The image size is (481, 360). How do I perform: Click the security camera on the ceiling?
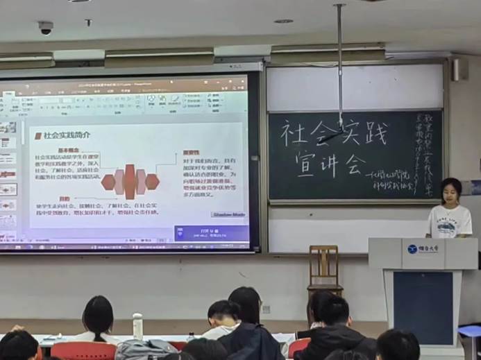coord(46,28)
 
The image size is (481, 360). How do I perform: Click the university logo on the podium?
coord(413,248)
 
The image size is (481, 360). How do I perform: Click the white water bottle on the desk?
coord(137,326)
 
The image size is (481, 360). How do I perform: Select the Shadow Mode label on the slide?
coord(228,214)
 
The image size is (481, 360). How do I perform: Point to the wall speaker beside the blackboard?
coord(456,69)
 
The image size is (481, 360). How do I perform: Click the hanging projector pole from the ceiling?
coord(340,62)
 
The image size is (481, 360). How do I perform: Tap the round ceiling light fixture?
coord(282,21)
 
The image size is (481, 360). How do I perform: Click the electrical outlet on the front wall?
coord(265,309)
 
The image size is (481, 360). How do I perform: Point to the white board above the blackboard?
coord(354,87)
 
